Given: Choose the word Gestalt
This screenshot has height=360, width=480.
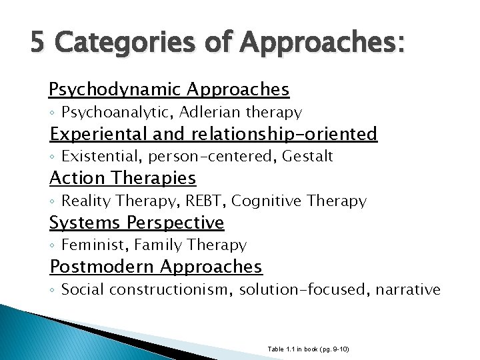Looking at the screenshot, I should (x=307, y=157).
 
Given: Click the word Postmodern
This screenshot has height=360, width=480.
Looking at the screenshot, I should (x=100, y=267).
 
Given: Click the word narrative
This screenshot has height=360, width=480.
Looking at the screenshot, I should (x=409, y=289).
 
